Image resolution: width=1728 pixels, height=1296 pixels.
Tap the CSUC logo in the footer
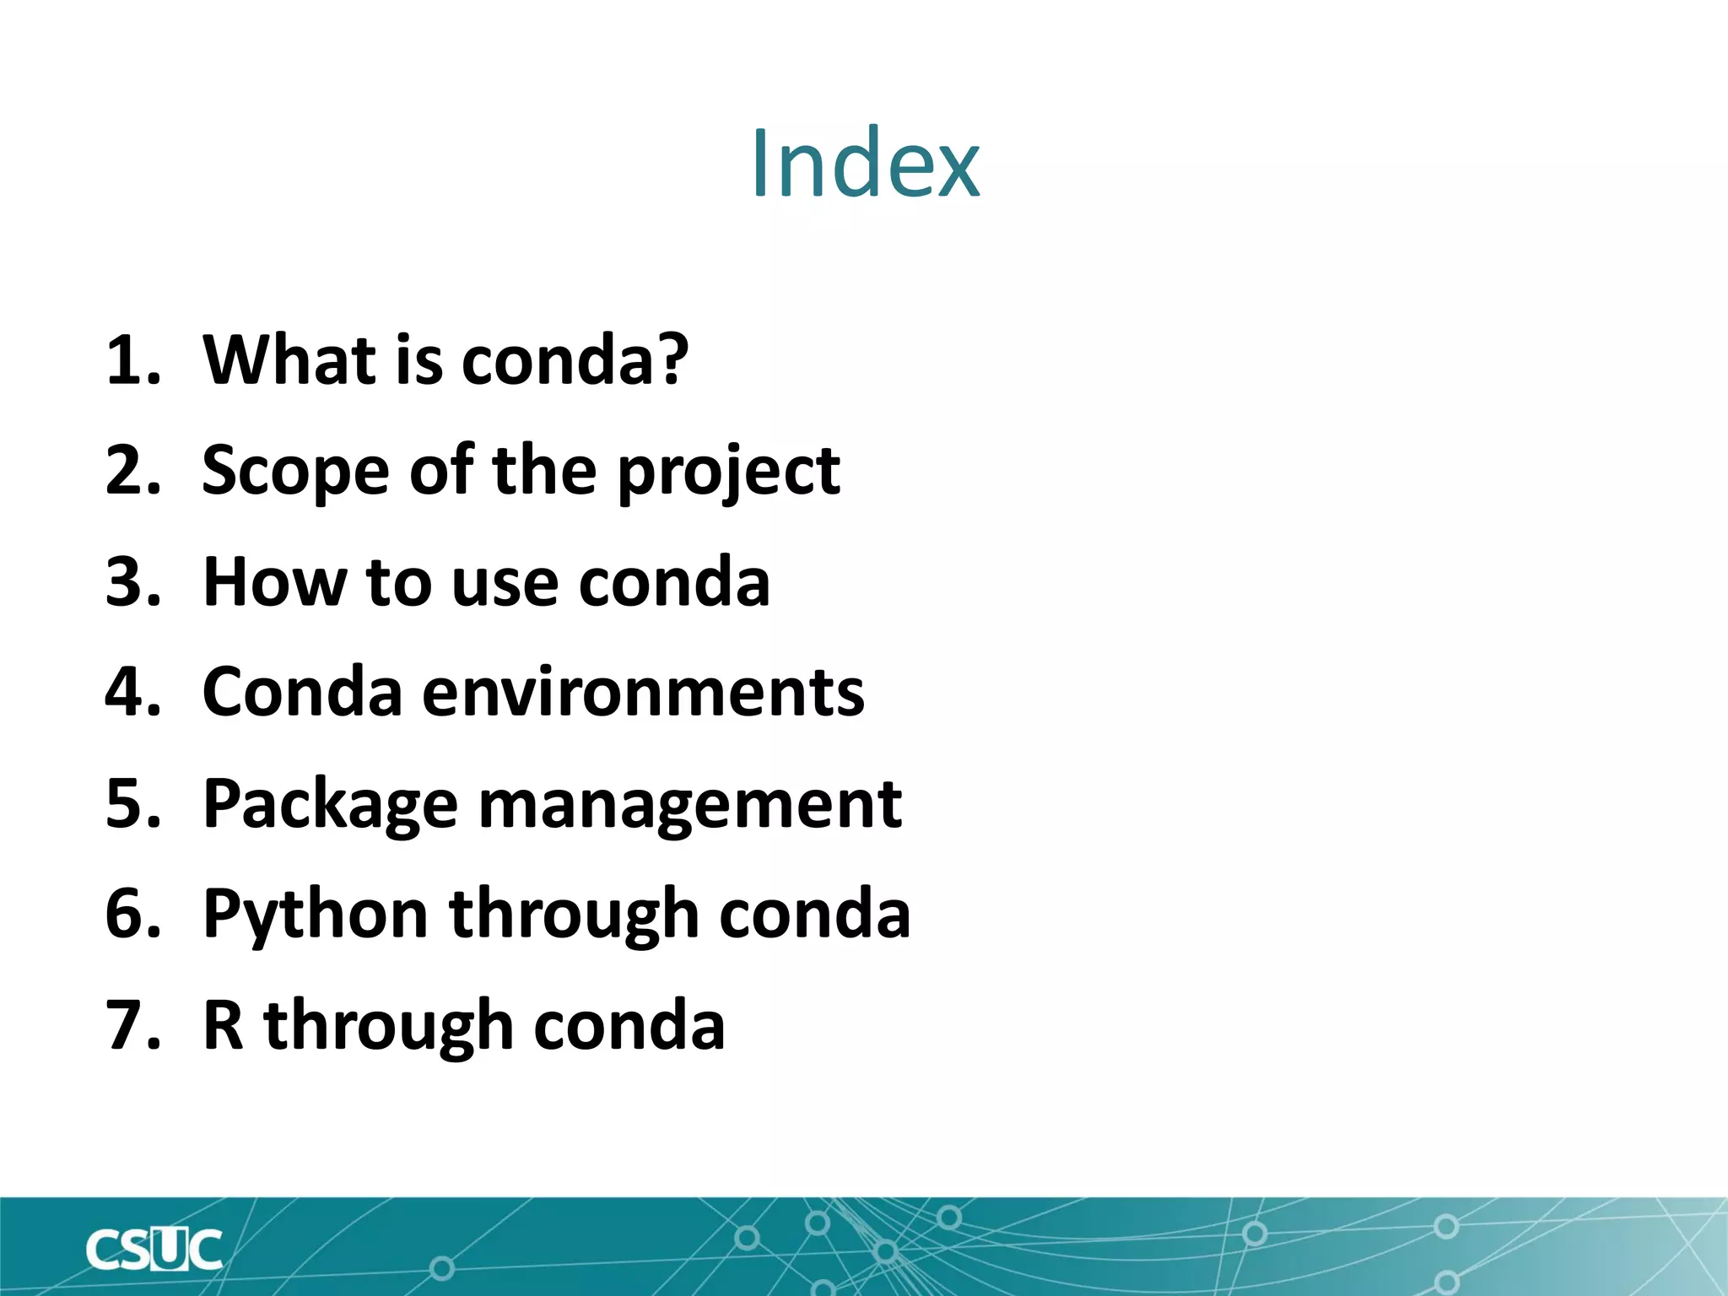tap(154, 1250)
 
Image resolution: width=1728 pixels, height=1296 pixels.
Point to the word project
tap(729, 472)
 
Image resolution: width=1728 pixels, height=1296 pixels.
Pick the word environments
tap(643, 692)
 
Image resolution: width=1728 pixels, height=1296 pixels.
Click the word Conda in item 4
tap(302, 692)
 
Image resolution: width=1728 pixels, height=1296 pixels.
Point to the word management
tap(689, 805)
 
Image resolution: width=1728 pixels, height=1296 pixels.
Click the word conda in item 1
tap(574, 360)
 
